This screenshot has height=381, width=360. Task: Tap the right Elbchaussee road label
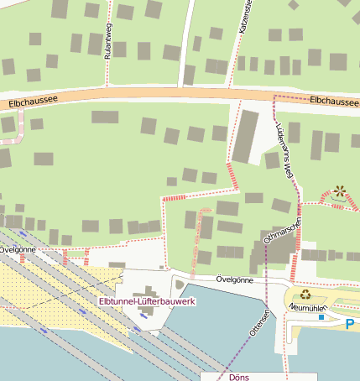click(334, 100)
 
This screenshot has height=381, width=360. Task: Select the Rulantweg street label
click(107, 42)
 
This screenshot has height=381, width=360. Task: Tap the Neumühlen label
click(306, 308)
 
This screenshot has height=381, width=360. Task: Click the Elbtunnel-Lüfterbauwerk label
click(147, 300)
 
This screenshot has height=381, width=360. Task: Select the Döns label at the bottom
click(239, 377)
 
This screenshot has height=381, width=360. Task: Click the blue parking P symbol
click(350, 322)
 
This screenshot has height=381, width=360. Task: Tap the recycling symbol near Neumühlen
click(306, 295)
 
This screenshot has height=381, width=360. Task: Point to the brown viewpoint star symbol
click(340, 191)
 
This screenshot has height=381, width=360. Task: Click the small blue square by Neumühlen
click(321, 318)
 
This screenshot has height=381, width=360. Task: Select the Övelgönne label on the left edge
click(17, 249)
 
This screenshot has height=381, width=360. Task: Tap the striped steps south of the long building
click(230, 175)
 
